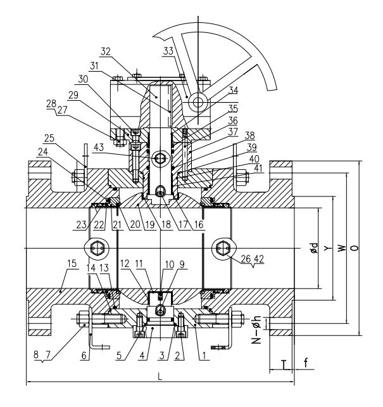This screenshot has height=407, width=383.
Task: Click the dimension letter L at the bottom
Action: (160, 376)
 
